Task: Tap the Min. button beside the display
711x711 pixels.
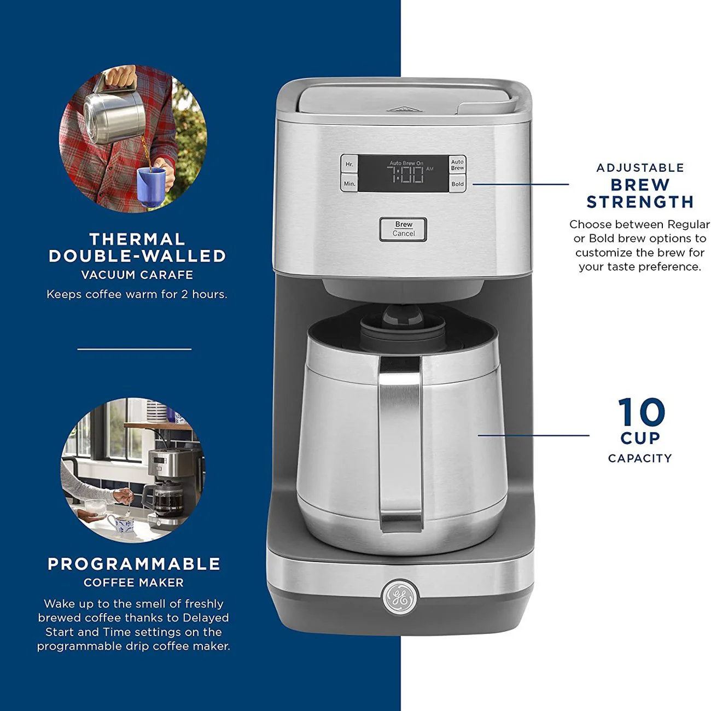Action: (x=349, y=183)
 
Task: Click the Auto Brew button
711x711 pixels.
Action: (x=457, y=165)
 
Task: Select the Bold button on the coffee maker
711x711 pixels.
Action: (x=458, y=184)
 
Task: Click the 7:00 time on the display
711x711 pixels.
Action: (x=405, y=174)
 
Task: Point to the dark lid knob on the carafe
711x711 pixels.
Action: (x=402, y=316)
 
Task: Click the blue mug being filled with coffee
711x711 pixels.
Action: (x=151, y=187)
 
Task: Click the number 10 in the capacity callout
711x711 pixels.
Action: (x=641, y=412)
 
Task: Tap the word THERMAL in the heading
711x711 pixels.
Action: (x=137, y=239)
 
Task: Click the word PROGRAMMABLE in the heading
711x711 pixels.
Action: (x=134, y=564)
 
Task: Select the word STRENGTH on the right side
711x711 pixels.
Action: (x=640, y=202)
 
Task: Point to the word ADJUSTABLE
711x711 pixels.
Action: (x=640, y=168)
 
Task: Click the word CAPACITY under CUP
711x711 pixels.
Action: (x=640, y=458)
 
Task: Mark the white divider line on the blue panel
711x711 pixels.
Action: (x=135, y=349)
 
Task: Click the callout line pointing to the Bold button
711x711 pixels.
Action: (x=520, y=184)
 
